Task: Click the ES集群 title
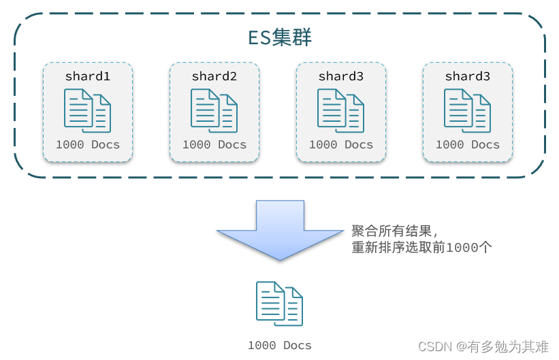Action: coord(279,37)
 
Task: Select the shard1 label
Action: coord(88,76)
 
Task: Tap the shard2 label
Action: coord(214,76)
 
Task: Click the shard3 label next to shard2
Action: coord(341,76)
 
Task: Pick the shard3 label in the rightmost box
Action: coord(468,76)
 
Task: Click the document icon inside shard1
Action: coord(87,110)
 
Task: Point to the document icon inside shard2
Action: coord(214,110)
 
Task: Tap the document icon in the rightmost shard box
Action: coord(467,110)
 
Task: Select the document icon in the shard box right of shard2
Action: coord(340,110)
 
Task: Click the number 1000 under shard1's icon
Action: coord(70,144)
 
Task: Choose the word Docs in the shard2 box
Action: coord(232,144)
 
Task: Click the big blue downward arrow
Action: coord(279,231)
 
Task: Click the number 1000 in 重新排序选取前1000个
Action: coord(462,248)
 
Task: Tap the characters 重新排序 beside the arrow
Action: coord(375,248)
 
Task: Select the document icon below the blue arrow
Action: coord(279,304)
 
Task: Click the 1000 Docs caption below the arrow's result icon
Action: coord(279,345)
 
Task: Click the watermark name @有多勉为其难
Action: coord(502,346)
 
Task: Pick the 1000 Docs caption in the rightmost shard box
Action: coord(468,144)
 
